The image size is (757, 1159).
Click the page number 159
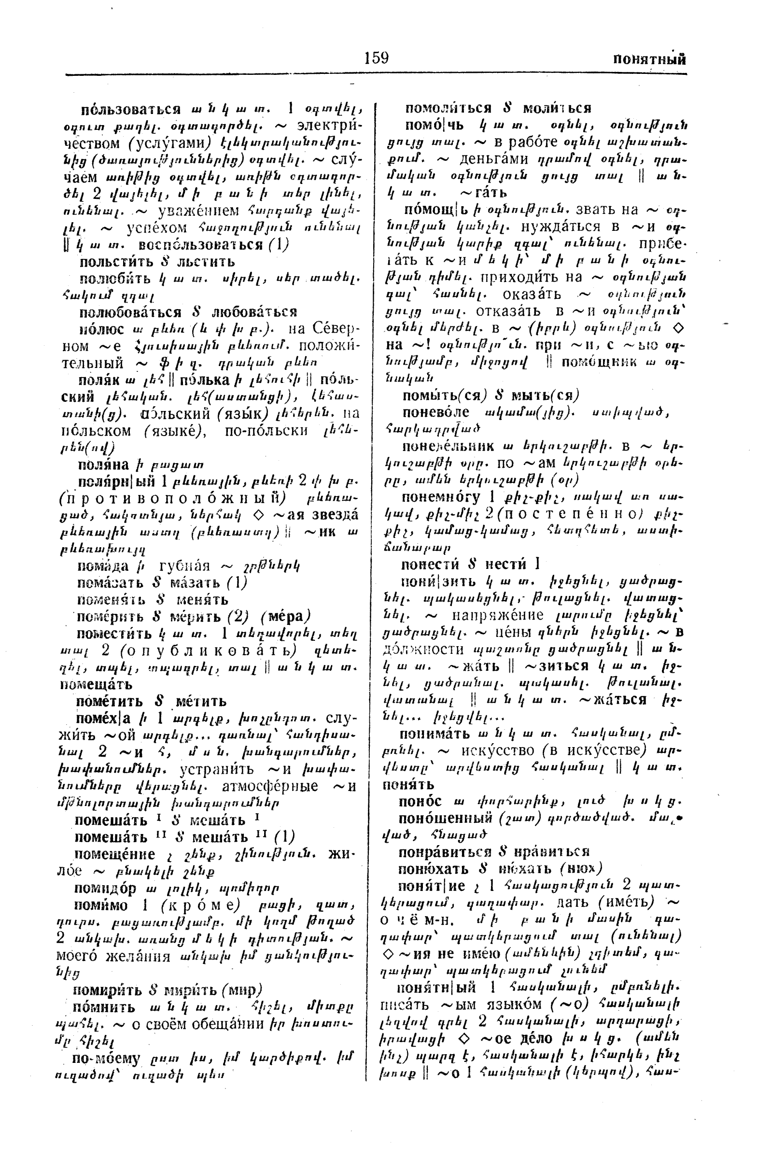[376, 58]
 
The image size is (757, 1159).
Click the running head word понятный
[649, 60]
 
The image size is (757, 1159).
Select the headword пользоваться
[131, 109]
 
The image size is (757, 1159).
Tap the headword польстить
[117, 262]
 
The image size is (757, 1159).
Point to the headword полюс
[102, 329]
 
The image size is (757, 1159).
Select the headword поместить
[114, 634]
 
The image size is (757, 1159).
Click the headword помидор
[105, 888]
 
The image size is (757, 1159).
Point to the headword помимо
[101, 905]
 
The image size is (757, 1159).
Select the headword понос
[420, 802]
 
